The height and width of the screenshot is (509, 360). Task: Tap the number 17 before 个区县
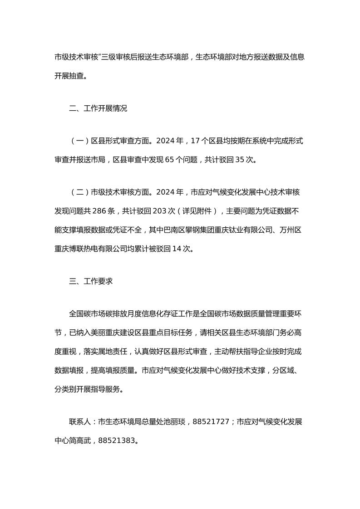coord(196,141)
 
